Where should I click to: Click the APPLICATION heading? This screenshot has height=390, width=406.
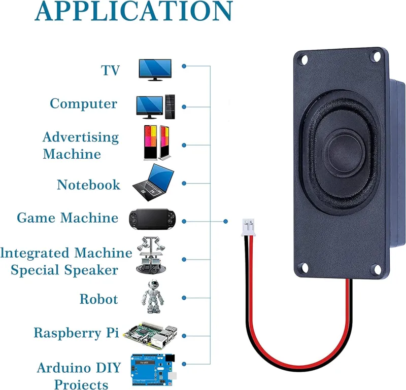(134, 12)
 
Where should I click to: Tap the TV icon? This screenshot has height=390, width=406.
(155, 69)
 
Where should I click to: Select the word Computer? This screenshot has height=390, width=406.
(83, 104)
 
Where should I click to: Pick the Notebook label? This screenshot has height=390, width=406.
(88, 185)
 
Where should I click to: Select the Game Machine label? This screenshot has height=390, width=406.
(67, 218)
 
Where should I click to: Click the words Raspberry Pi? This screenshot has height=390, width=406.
(76, 333)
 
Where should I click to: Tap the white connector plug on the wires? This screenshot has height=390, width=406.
(249, 226)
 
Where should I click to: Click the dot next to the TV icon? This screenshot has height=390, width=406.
(184, 66)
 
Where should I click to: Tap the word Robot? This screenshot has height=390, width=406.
(98, 299)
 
